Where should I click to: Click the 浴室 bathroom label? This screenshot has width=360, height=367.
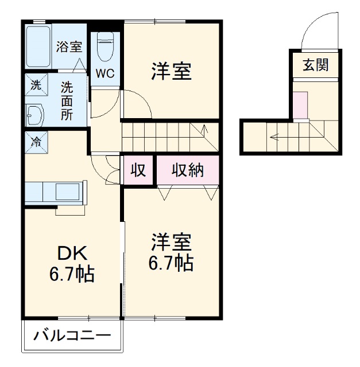pyautogui.click(x=69, y=48)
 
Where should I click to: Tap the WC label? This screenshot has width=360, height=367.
pyautogui.click(x=105, y=73)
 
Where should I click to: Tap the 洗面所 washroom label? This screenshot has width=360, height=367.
pyautogui.click(x=68, y=100)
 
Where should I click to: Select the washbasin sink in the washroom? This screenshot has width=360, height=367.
pyautogui.click(x=35, y=115)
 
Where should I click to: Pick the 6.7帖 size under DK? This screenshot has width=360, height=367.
pyautogui.click(x=71, y=274)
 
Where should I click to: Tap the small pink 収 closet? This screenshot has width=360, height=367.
pyautogui.click(x=138, y=170)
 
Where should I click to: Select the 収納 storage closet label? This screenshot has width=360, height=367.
pyautogui.click(x=187, y=170)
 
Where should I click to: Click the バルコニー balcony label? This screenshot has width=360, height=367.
pyautogui.click(x=71, y=335)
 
